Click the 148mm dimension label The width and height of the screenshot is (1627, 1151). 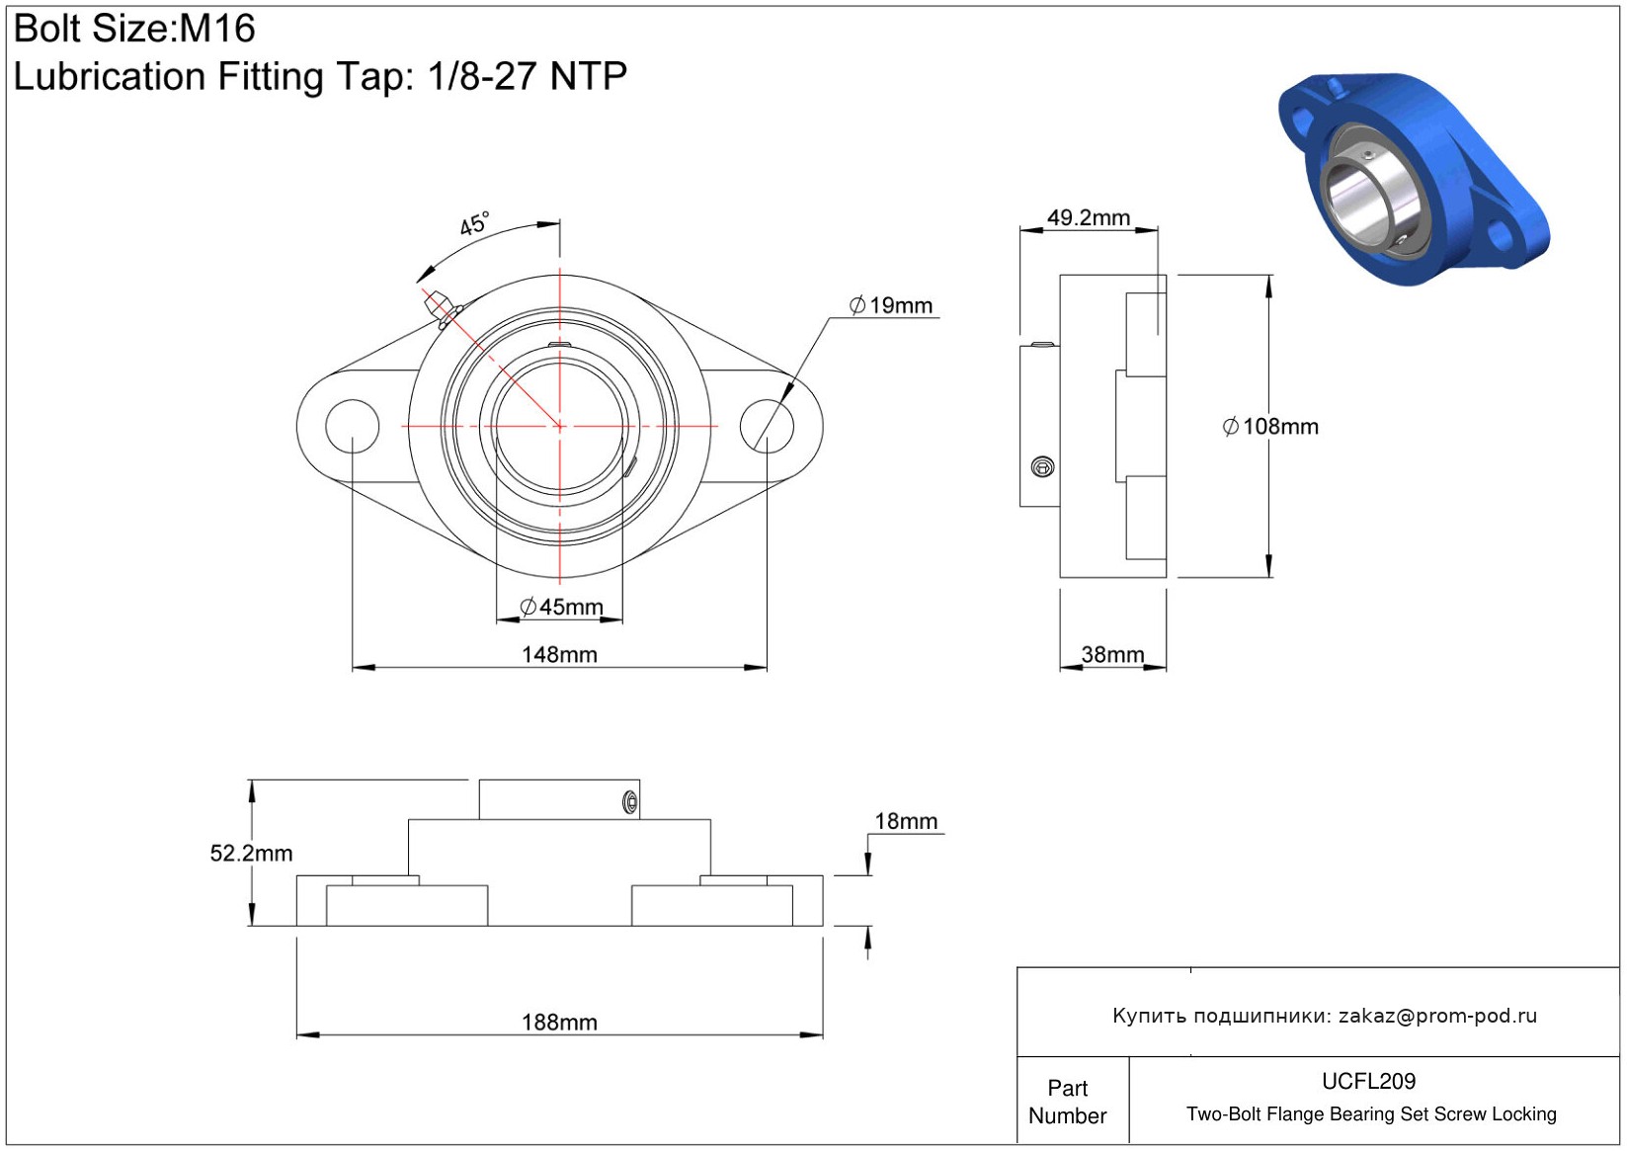(559, 655)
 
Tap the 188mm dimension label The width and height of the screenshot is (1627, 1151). (559, 1023)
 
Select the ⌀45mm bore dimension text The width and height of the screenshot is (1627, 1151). (561, 607)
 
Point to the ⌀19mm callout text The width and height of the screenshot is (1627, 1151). (890, 305)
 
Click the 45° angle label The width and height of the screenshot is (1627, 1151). (474, 224)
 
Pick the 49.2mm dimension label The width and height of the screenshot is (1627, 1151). (1088, 217)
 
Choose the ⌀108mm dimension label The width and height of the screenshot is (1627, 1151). (1270, 426)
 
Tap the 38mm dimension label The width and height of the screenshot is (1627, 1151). (1112, 655)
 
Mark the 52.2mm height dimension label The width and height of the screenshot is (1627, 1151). (251, 853)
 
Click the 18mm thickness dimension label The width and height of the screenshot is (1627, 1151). (906, 821)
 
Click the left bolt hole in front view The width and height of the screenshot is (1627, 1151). (353, 426)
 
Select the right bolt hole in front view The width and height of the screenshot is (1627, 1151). (767, 426)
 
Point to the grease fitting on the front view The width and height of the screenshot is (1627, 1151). (444, 309)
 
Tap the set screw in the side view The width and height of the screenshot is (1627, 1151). (1042, 466)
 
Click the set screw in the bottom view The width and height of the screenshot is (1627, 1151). (630, 802)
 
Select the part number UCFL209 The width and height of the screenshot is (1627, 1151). (1368, 1081)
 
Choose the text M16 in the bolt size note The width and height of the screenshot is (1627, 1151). (217, 29)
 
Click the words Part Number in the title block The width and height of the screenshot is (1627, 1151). (1067, 1102)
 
